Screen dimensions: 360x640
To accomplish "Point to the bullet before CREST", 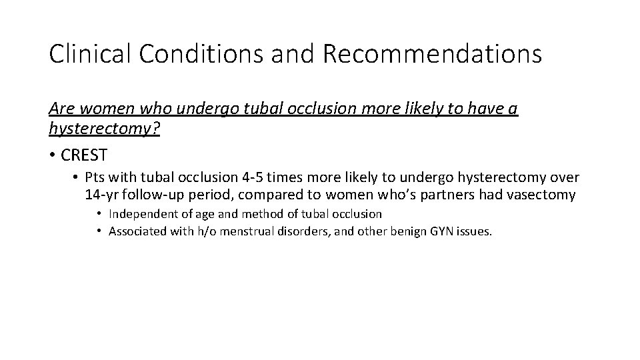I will (x=52, y=155).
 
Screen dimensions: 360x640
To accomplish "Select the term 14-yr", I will (x=101, y=195).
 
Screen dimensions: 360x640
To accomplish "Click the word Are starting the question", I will (x=59, y=108).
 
